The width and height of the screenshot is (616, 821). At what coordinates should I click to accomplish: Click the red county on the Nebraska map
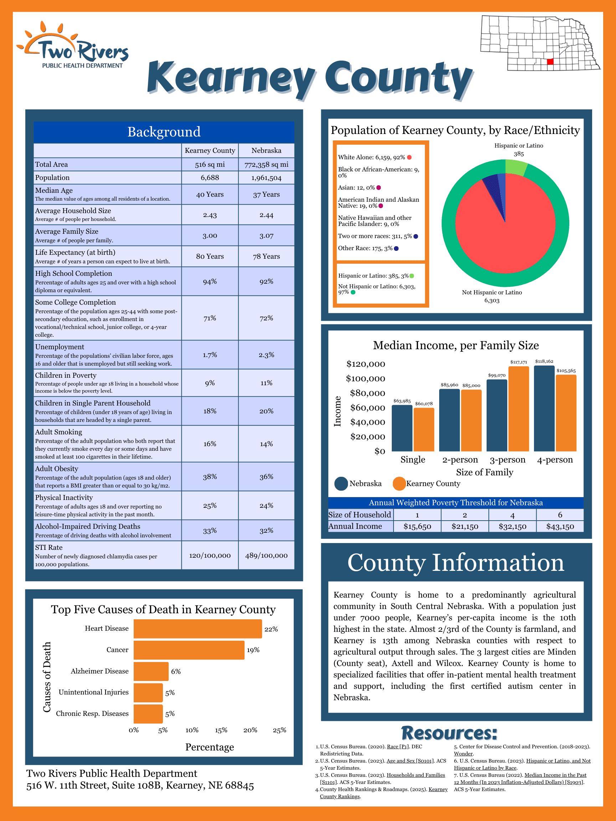[550, 62]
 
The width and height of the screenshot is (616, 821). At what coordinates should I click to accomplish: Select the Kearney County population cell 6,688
[210, 178]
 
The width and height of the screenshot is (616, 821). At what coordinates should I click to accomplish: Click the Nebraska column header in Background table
[266, 151]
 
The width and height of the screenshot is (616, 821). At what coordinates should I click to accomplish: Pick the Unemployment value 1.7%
[210, 355]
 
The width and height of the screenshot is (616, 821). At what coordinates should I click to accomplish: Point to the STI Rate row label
[48, 547]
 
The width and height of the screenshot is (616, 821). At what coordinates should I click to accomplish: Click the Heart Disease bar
[197, 629]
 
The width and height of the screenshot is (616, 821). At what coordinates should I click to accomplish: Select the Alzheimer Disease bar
[151, 671]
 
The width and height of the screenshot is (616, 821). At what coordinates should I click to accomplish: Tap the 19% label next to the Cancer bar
[253, 650]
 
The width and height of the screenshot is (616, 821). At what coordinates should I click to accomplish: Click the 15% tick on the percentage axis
[221, 730]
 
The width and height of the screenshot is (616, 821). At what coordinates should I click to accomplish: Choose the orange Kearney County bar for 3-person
[518, 408]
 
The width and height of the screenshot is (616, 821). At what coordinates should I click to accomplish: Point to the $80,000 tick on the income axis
[367, 393]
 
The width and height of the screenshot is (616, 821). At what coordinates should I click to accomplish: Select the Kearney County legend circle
[399, 484]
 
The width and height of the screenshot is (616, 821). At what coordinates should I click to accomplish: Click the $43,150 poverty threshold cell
[560, 526]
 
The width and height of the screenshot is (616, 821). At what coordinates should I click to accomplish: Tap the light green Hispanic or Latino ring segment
[516, 167]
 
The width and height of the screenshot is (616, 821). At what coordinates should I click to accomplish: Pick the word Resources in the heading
[449, 733]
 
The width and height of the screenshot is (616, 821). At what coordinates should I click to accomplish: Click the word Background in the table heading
[164, 132]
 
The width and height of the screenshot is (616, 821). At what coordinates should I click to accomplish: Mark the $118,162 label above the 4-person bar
[544, 361]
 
